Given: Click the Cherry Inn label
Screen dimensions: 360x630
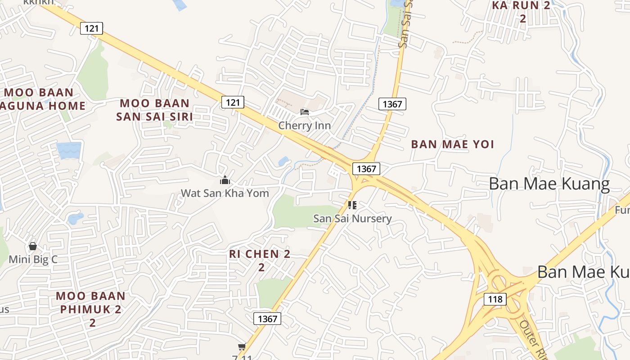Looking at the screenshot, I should [x=304, y=126].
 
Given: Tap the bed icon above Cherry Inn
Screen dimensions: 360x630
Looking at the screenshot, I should [x=305, y=112].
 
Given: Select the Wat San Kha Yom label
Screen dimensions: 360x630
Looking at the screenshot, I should [x=225, y=193].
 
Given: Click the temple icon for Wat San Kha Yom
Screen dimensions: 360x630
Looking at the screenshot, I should [x=225, y=180].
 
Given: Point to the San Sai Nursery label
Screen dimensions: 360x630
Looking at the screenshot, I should [x=352, y=219].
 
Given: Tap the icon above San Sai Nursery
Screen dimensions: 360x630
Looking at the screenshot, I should [x=352, y=206].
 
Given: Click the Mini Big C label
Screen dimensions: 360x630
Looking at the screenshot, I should [x=33, y=259].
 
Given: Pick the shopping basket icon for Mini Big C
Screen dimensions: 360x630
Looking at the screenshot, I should [x=32, y=246].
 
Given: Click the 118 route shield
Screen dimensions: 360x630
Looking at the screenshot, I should [x=495, y=299].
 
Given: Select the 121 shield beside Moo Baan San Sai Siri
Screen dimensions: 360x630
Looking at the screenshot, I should [x=233, y=102].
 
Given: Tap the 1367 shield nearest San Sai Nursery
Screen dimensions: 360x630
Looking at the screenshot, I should [x=366, y=169].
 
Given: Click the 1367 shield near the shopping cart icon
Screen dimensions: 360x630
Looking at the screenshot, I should [x=267, y=319].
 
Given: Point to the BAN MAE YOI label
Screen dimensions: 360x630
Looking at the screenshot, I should [x=452, y=144].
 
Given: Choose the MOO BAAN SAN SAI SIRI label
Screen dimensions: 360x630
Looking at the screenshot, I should [x=154, y=110].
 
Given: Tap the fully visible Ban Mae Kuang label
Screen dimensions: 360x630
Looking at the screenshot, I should [x=549, y=184].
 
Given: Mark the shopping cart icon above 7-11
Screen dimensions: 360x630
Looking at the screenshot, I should [x=242, y=346].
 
